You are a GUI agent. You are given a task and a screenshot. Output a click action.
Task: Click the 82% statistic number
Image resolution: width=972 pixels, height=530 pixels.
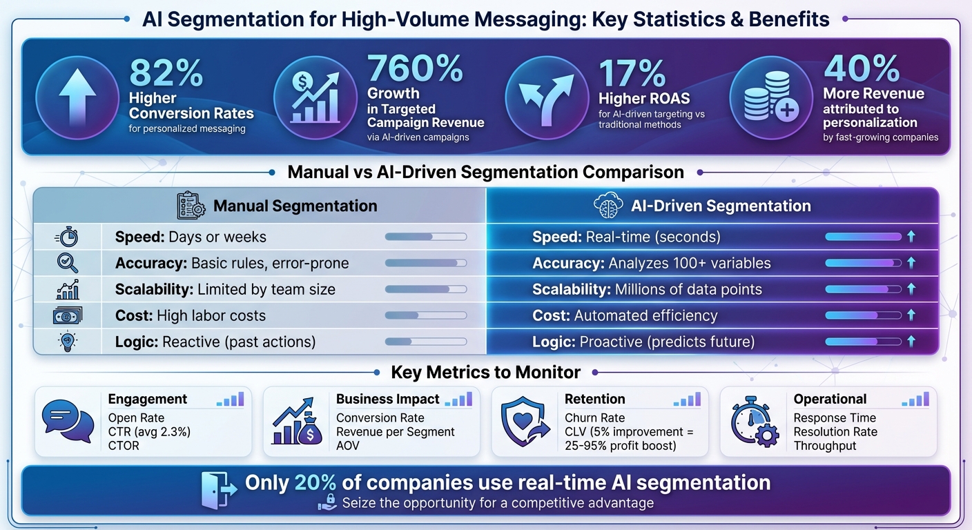point(166,72)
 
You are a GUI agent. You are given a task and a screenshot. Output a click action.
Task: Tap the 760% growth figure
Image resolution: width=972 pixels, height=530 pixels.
point(415,68)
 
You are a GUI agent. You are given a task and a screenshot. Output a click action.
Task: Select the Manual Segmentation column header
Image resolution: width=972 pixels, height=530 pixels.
point(295,206)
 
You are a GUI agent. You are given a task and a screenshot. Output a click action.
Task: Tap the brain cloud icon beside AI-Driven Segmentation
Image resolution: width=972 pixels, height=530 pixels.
point(608,206)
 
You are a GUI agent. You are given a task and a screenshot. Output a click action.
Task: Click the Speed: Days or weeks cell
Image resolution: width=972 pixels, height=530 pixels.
point(191,237)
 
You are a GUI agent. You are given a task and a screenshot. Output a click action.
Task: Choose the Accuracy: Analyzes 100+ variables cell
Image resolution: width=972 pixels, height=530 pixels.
point(651,263)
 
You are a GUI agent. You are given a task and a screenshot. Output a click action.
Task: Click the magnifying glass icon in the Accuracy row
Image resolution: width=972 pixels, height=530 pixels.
point(67,263)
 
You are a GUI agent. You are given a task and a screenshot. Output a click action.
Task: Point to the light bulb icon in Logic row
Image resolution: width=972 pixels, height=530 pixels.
point(67,342)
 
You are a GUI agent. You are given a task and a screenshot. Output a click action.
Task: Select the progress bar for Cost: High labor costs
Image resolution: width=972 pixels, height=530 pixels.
point(425,315)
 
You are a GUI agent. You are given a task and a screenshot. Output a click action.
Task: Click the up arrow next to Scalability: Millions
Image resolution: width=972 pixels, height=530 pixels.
point(911,289)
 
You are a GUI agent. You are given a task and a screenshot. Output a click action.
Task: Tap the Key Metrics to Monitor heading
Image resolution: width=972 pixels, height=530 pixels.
point(485,373)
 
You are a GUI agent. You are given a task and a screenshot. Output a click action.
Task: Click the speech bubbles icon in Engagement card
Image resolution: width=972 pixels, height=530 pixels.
point(68,421)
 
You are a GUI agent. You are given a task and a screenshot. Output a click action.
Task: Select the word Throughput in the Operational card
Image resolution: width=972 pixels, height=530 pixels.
point(824,446)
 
